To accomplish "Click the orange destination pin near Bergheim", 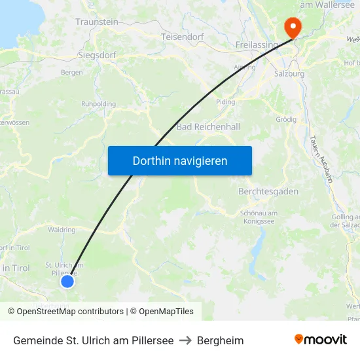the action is point(291,27).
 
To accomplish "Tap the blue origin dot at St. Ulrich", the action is point(67,281).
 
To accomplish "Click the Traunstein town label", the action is point(97,22).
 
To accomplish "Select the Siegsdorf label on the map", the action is point(97,55).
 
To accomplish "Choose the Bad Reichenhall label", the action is point(208,126).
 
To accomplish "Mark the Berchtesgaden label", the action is point(268,192).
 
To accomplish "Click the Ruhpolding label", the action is point(98,104).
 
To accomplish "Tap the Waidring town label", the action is point(62,230).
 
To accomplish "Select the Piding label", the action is point(225,102).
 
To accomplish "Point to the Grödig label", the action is point(286,119).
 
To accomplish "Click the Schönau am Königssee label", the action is point(259,217).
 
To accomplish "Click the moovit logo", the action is point(320,340).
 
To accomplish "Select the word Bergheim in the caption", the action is point(221,340).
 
